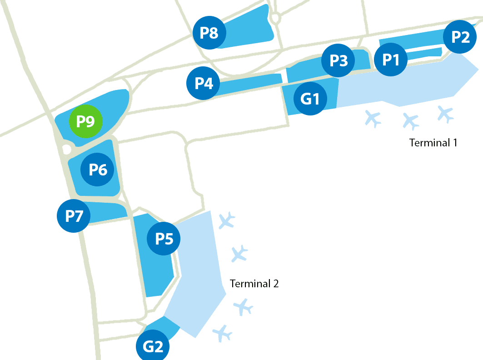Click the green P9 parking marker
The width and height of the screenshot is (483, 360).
(85, 121)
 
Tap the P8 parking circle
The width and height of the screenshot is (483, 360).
(209, 33)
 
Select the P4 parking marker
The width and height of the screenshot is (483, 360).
(203, 83)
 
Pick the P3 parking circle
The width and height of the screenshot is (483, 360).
(338, 60)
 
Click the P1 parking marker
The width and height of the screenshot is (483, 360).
(391, 60)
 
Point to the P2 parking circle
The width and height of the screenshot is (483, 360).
(460, 37)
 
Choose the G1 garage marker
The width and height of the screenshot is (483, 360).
(310, 99)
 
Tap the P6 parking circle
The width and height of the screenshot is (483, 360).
(97, 170)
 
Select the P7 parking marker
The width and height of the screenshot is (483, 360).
(74, 216)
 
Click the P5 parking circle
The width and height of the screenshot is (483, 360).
(164, 239)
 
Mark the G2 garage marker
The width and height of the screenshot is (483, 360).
(153, 346)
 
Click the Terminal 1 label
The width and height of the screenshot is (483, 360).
(433, 143)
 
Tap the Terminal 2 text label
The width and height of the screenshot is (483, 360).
(254, 284)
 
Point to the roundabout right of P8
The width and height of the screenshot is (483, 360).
(276, 18)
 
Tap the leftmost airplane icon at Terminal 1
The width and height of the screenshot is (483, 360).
(373, 118)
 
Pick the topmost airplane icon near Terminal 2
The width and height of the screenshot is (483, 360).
(226, 220)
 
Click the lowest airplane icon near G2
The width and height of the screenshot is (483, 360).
(222, 333)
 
